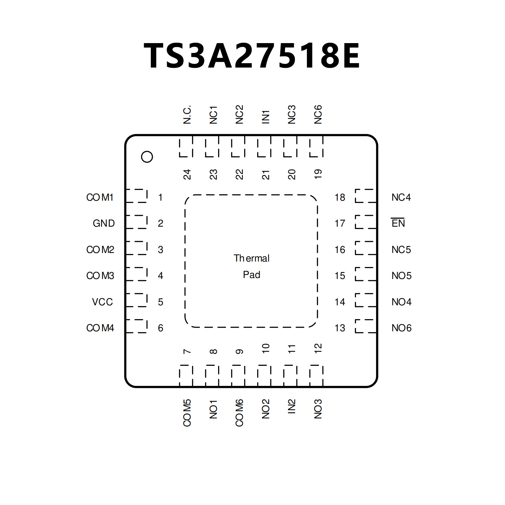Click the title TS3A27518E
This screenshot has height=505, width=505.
(x=252, y=56)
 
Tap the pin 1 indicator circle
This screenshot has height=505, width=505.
(x=147, y=157)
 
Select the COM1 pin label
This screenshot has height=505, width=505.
(x=100, y=197)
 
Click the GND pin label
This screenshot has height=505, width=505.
(x=104, y=223)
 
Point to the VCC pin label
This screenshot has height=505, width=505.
(x=102, y=302)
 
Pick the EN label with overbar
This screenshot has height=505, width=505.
(x=398, y=223)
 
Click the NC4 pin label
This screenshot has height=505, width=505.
(x=401, y=197)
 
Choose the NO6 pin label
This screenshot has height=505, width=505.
(x=401, y=328)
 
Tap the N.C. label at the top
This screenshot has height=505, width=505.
(x=187, y=115)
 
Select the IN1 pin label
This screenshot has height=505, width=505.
(x=265, y=117)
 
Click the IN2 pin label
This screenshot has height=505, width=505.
(x=292, y=406)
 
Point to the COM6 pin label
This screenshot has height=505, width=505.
(x=240, y=413)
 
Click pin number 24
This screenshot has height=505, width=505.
(x=187, y=174)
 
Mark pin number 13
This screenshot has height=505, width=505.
(x=340, y=328)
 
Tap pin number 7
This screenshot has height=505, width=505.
(x=187, y=351)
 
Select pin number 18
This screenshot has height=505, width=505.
(x=340, y=197)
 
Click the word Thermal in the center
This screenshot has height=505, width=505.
(x=252, y=258)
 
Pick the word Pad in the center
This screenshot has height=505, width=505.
(x=252, y=275)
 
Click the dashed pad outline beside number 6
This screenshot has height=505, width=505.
(x=137, y=326)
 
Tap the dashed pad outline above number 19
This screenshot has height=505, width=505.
(x=316, y=147)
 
